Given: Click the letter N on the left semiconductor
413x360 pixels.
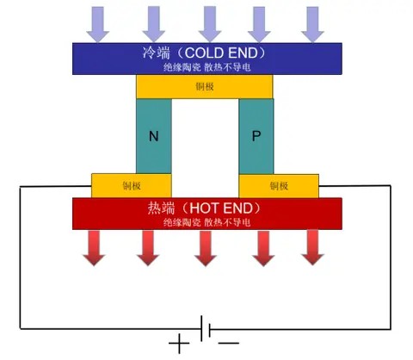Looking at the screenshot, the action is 154,136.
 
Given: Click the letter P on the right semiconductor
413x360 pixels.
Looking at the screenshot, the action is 256,136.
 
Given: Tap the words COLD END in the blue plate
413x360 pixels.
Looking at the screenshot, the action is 221,53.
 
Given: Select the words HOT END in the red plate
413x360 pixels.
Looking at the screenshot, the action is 221,208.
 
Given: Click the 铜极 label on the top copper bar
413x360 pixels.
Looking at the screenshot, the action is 205,86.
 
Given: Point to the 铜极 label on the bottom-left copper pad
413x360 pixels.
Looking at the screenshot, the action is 132,186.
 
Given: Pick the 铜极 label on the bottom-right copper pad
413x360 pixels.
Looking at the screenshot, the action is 279,186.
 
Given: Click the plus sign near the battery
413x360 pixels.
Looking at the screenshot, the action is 179,343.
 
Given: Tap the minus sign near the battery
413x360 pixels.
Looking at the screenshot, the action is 228,343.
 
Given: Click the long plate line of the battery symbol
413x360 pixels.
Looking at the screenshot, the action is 201,329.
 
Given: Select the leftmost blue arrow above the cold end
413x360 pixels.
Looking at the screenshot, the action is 98,24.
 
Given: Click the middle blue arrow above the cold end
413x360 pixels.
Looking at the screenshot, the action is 210,24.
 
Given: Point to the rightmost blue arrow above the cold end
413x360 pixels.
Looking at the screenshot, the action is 312,24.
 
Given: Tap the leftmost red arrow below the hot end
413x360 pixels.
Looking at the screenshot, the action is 94,248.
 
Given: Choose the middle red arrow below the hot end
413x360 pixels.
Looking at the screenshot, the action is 206,248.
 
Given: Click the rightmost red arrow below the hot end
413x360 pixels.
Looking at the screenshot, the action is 312,248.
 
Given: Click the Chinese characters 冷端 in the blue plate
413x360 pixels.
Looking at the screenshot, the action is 157,53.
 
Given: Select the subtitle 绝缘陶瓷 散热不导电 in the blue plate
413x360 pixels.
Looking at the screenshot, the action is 206,67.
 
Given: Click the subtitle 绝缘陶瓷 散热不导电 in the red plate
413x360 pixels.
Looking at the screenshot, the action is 206,222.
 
